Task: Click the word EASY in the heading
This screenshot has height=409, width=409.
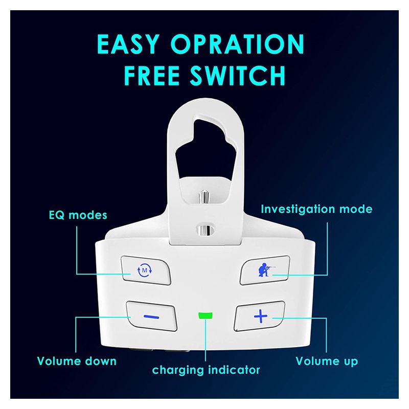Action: coord(128,44)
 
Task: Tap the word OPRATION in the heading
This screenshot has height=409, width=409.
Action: coord(237,44)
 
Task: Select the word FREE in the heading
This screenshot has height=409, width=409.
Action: coord(152,75)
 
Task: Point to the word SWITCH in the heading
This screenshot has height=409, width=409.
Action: coord(238,75)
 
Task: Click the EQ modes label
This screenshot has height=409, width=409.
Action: coord(78,215)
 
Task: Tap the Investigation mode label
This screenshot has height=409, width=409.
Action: coord(316,209)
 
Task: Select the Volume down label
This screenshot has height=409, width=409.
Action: coord(77,361)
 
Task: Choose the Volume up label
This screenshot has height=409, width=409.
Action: coord(327,361)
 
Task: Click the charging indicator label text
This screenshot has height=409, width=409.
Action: coord(206,370)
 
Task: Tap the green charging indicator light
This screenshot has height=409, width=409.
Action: coord(206,315)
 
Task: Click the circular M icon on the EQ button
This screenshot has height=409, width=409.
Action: coord(145,270)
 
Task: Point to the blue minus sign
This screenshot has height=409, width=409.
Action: coord(151,317)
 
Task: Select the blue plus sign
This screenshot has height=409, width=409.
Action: coord(261,316)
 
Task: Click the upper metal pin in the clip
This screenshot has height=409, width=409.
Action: coord(205,198)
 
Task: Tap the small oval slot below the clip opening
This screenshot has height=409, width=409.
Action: coord(206,230)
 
